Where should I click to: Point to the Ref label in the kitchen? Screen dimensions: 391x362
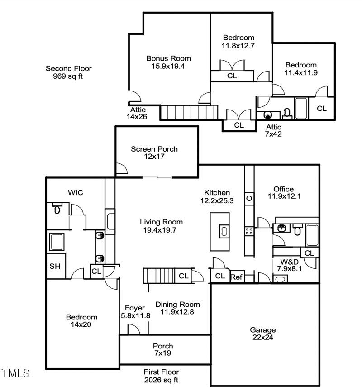click(236, 277)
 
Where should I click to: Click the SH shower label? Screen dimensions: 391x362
click(55, 266)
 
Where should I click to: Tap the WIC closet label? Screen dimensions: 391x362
click(76, 193)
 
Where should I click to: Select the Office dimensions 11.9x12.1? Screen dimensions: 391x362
click(284, 196)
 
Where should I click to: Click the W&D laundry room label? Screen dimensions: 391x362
click(289, 261)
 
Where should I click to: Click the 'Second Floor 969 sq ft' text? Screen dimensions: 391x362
click(68, 72)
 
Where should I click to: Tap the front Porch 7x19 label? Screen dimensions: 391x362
click(163, 349)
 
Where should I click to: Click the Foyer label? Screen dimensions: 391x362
click(135, 308)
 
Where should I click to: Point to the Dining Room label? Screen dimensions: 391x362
click(177, 304)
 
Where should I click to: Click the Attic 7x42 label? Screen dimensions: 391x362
click(274, 130)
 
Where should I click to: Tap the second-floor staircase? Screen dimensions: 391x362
click(190, 112)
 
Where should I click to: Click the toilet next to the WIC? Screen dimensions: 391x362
click(57, 209)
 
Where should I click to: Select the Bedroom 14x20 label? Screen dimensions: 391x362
click(81, 321)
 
